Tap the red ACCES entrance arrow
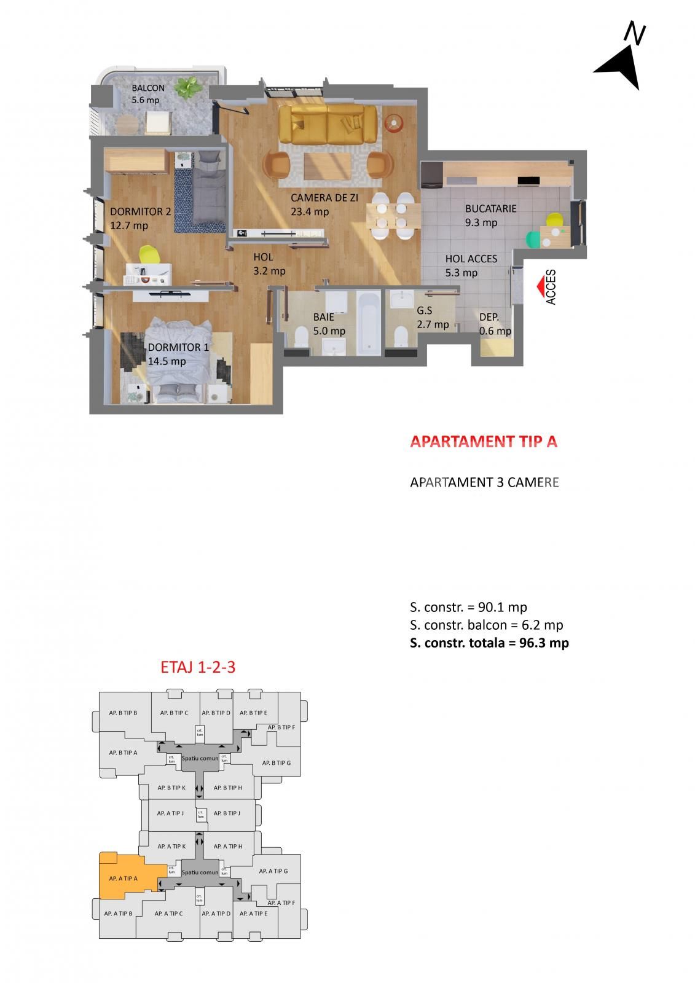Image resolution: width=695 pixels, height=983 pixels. click(x=538, y=286)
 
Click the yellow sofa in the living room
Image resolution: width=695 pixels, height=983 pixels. click(x=327, y=124)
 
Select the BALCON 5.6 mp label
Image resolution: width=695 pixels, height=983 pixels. click(x=147, y=94)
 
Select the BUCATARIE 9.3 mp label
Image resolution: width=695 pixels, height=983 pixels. click(x=490, y=215)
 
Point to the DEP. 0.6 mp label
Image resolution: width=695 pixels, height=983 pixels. click(x=495, y=324)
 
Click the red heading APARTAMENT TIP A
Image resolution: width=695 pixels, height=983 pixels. click(x=484, y=442)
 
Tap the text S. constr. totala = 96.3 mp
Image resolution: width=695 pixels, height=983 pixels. click(x=489, y=643)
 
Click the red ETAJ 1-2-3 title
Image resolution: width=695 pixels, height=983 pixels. click(x=197, y=667)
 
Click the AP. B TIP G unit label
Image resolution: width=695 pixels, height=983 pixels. click(x=276, y=762)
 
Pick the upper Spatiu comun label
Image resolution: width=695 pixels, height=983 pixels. click(x=200, y=758)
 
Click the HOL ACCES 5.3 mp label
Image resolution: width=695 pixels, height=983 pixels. click(x=471, y=265)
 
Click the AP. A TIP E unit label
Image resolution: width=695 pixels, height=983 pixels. click(x=253, y=914)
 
